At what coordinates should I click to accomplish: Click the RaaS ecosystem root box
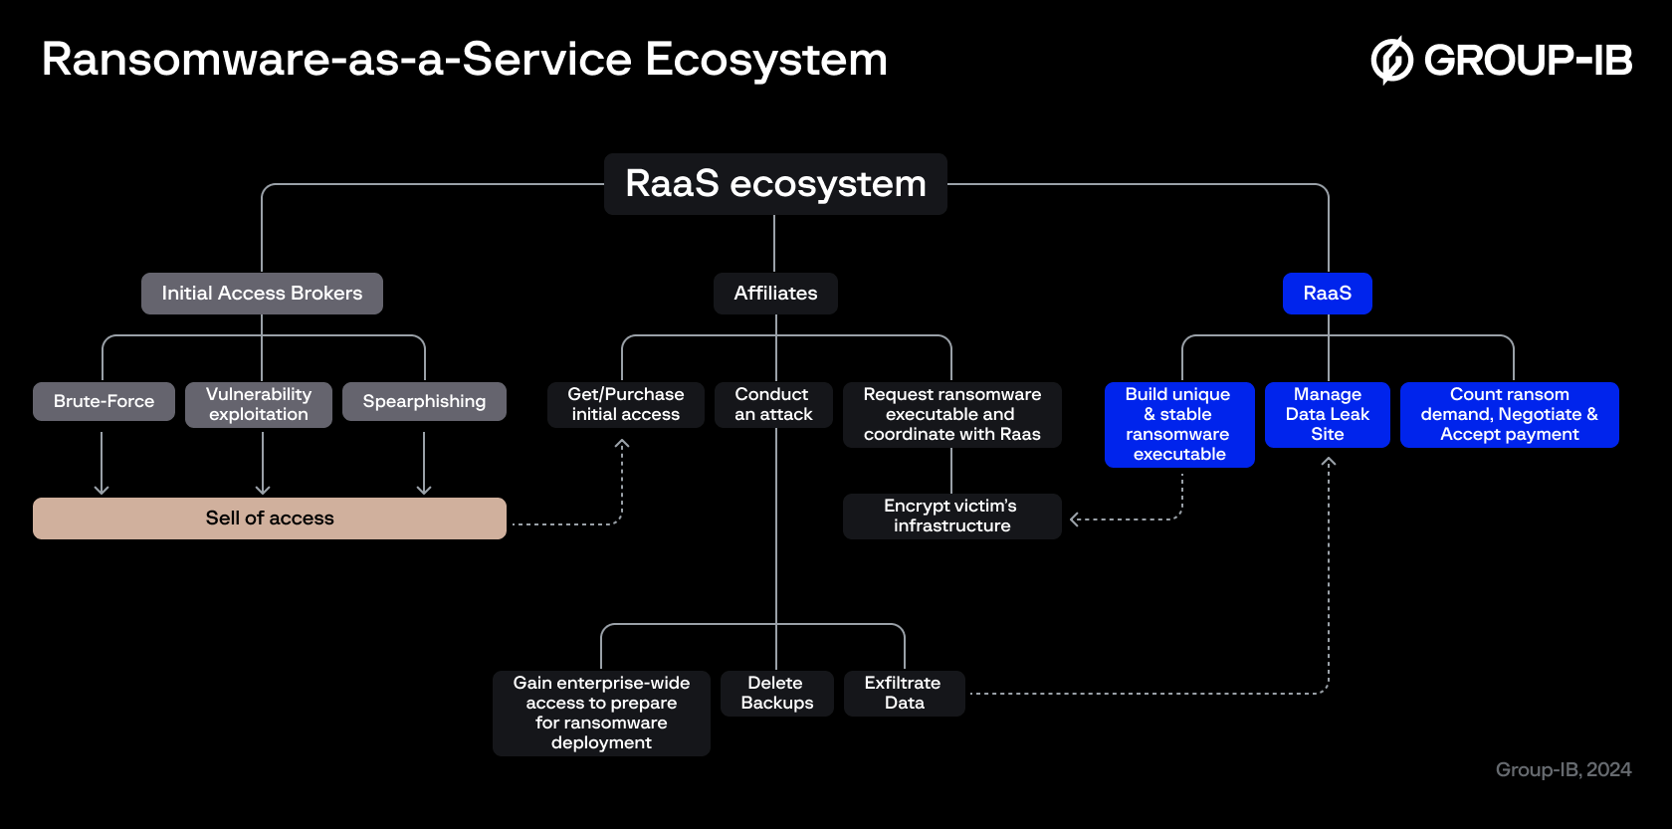pyautogui.click(x=775, y=184)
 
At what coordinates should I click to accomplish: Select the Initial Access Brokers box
pyautogui.click(x=262, y=294)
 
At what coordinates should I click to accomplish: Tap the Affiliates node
pyautogui.click(x=775, y=294)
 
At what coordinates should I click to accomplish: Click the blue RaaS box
pyautogui.click(x=1327, y=294)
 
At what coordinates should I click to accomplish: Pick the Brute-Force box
pyautogui.click(x=104, y=401)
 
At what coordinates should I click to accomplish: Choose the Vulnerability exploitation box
pyautogui.click(x=259, y=404)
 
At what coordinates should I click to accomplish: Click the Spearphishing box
pyautogui.click(x=424, y=401)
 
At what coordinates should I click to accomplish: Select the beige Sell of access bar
pyautogui.click(x=269, y=518)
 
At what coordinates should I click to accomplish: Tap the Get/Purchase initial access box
pyautogui.click(x=625, y=404)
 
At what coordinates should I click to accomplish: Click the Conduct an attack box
pyautogui.click(x=773, y=404)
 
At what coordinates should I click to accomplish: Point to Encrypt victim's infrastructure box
pyautogui.click(x=951, y=516)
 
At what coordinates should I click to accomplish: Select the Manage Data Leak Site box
pyautogui.click(x=1327, y=414)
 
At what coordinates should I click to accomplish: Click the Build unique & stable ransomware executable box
pyautogui.click(x=1179, y=424)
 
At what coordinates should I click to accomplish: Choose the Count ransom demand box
pyautogui.click(x=1509, y=414)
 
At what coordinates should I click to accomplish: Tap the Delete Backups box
pyautogui.click(x=776, y=693)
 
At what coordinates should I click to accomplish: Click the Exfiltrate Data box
pyautogui.click(x=904, y=693)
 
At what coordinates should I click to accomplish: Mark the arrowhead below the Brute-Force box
pyautogui.click(x=102, y=490)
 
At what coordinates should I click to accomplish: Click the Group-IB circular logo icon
pyautogui.click(x=1391, y=60)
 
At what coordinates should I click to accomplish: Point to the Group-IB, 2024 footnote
pyautogui.click(x=1563, y=769)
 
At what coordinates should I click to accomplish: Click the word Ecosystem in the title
pyautogui.click(x=765, y=60)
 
